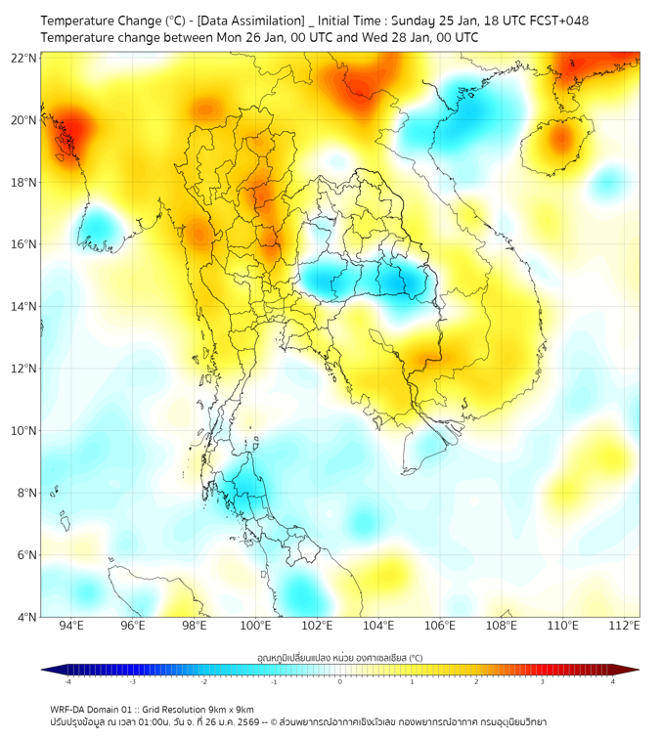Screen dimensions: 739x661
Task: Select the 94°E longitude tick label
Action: click(x=71, y=626)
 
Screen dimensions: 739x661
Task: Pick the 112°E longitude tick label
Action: click(x=624, y=626)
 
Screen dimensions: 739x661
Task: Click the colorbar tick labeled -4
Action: click(x=67, y=680)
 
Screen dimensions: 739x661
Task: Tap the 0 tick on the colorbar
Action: click(x=340, y=680)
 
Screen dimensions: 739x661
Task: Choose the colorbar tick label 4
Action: click(x=613, y=680)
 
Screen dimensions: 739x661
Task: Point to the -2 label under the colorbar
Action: click(x=203, y=680)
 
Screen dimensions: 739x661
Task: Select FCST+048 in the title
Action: click(x=557, y=21)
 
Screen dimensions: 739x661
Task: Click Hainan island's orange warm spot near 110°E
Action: click(x=560, y=139)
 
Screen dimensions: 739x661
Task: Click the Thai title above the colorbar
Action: click(x=339, y=659)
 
